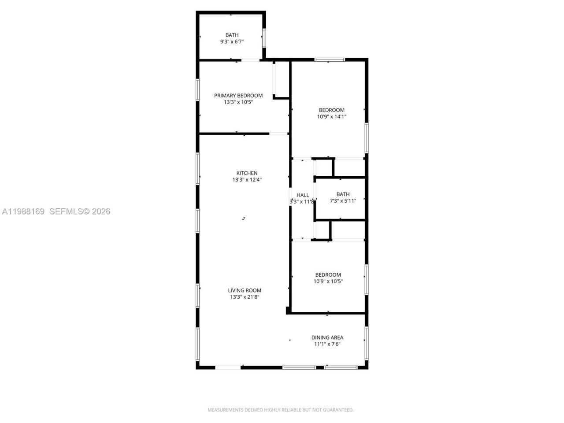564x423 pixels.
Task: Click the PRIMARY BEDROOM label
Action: (x=238, y=96)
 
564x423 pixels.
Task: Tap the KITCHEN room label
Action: (x=247, y=173)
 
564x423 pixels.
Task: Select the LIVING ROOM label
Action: (x=245, y=290)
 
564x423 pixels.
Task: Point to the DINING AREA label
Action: (x=327, y=338)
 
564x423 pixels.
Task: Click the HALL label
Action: (x=303, y=195)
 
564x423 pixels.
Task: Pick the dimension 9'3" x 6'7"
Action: (x=232, y=41)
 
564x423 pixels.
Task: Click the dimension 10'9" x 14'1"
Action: (x=331, y=117)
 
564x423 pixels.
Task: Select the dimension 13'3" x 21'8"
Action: (x=245, y=297)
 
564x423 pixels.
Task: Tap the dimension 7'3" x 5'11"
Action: (x=343, y=201)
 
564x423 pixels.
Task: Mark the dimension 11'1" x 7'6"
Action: (x=327, y=344)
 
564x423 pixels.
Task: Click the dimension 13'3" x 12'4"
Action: (x=247, y=180)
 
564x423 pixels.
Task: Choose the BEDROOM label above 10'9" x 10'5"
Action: (x=328, y=275)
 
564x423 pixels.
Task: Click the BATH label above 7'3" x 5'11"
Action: (x=343, y=194)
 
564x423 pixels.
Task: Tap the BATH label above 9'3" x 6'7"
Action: (x=232, y=35)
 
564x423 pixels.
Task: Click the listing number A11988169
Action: (x=23, y=211)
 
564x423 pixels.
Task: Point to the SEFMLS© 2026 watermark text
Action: (x=80, y=211)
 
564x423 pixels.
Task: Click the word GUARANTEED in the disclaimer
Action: (x=338, y=410)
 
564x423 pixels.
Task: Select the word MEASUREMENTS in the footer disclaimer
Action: (x=225, y=410)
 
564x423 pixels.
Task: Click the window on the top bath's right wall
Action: (x=264, y=38)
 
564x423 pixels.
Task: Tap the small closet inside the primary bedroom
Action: (x=281, y=79)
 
